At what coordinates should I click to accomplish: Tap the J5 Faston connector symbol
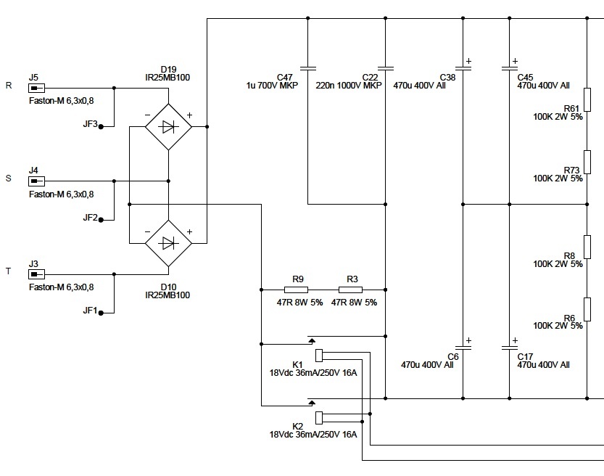[x=36, y=89]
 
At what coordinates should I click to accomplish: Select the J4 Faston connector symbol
[x=36, y=181]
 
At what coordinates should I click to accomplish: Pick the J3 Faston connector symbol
[x=36, y=274]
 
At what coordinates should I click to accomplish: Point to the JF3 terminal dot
[x=101, y=126]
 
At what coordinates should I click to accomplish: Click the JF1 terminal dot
[x=101, y=313]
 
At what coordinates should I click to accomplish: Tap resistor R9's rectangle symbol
[x=297, y=290]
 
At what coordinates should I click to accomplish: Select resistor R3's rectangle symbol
[x=350, y=290]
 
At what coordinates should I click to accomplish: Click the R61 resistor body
[x=587, y=99]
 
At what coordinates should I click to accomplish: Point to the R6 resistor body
[x=587, y=309]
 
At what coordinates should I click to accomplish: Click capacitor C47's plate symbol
[x=307, y=69]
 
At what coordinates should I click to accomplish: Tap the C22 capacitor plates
[x=386, y=69]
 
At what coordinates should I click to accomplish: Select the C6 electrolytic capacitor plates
[x=463, y=348]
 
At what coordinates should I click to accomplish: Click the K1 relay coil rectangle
[x=319, y=356]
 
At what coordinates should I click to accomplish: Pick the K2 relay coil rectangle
[x=319, y=418]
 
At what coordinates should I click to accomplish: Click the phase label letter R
[x=9, y=85]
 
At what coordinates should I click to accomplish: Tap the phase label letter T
[x=9, y=271]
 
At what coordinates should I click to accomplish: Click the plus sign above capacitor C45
[x=515, y=61]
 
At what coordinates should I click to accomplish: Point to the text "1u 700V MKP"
[x=272, y=86]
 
